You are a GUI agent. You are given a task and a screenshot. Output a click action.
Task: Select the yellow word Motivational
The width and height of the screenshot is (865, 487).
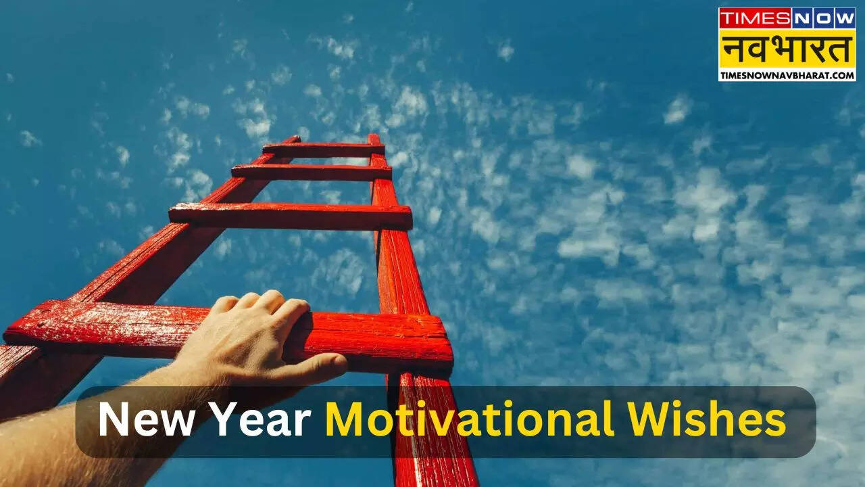[x=470, y=419]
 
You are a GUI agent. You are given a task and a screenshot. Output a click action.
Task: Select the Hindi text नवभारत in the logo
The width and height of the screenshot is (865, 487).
[x=787, y=49]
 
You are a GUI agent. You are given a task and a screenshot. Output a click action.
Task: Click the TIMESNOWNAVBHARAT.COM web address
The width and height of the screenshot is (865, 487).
[x=787, y=75]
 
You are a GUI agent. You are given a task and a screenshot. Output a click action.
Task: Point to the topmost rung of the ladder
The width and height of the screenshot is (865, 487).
[x=324, y=150]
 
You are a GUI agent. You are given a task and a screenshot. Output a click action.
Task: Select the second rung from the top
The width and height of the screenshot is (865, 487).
[x=312, y=172]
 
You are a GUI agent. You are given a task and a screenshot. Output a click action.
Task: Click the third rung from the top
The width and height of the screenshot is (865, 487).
[x=291, y=216]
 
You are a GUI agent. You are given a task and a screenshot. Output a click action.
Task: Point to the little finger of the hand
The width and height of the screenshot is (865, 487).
[x=224, y=304]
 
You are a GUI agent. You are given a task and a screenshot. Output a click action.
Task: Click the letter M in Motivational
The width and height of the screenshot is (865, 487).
[x=345, y=419]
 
